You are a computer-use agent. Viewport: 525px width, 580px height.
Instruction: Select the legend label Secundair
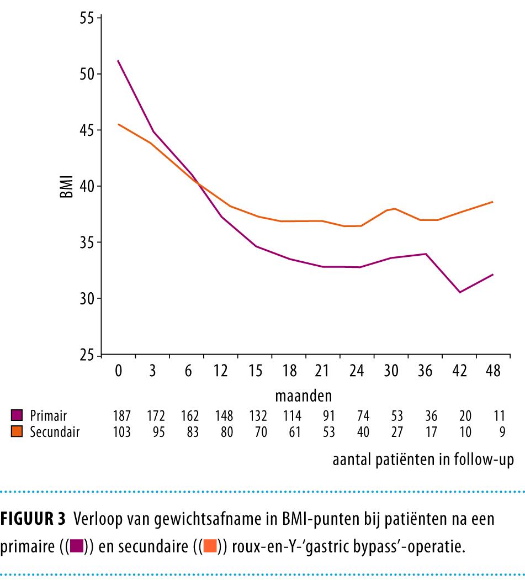(x=55, y=431)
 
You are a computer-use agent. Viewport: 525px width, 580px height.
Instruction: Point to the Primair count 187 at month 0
(x=121, y=415)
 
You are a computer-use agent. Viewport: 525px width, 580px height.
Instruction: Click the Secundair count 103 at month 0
(x=121, y=431)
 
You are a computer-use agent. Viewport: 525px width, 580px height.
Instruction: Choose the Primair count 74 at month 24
(x=363, y=415)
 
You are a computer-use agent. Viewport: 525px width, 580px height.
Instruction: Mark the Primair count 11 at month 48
(x=499, y=415)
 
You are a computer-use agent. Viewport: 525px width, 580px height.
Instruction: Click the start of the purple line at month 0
(x=118, y=61)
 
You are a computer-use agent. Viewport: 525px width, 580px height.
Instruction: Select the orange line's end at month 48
(x=492, y=202)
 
